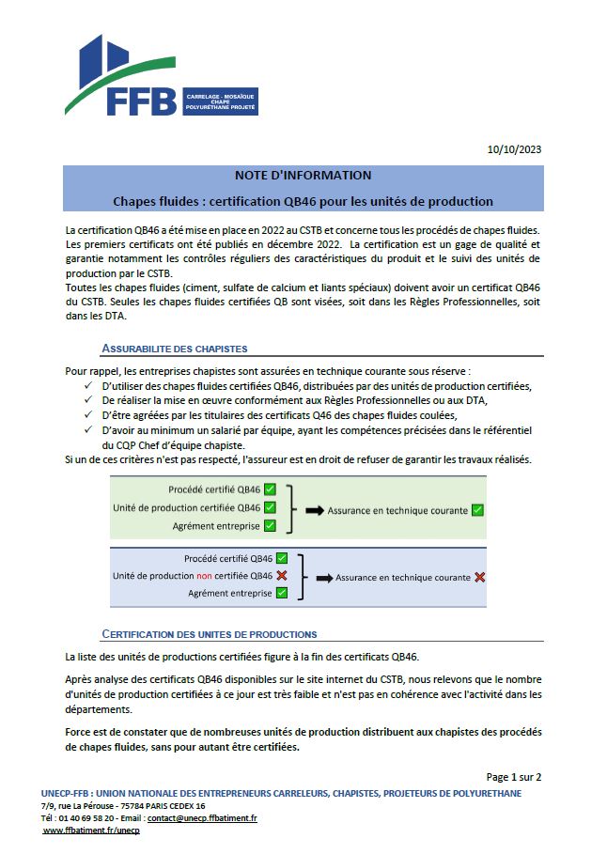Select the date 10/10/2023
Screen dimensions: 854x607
[514, 149]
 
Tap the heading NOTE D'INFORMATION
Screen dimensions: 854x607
[303, 176]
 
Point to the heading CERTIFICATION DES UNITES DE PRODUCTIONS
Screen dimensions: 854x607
[209, 634]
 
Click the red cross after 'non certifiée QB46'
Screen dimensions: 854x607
[282, 575]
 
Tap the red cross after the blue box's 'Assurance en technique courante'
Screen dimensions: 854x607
[480, 577]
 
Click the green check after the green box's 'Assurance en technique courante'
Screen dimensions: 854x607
[477, 510]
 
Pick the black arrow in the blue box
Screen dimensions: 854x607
[324, 577]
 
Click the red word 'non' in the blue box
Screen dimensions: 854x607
[204, 576]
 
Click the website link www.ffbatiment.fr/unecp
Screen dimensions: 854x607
[91, 831]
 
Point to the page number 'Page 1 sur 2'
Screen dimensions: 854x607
[513, 777]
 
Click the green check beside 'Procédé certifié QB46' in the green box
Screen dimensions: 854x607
[270, 489]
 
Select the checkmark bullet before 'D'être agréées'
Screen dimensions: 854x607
[88, 414]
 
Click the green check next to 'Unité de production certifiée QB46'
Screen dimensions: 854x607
[270, 507]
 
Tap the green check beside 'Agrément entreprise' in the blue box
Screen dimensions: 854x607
[281, 593]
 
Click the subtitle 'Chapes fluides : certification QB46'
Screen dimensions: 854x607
[303, 201]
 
